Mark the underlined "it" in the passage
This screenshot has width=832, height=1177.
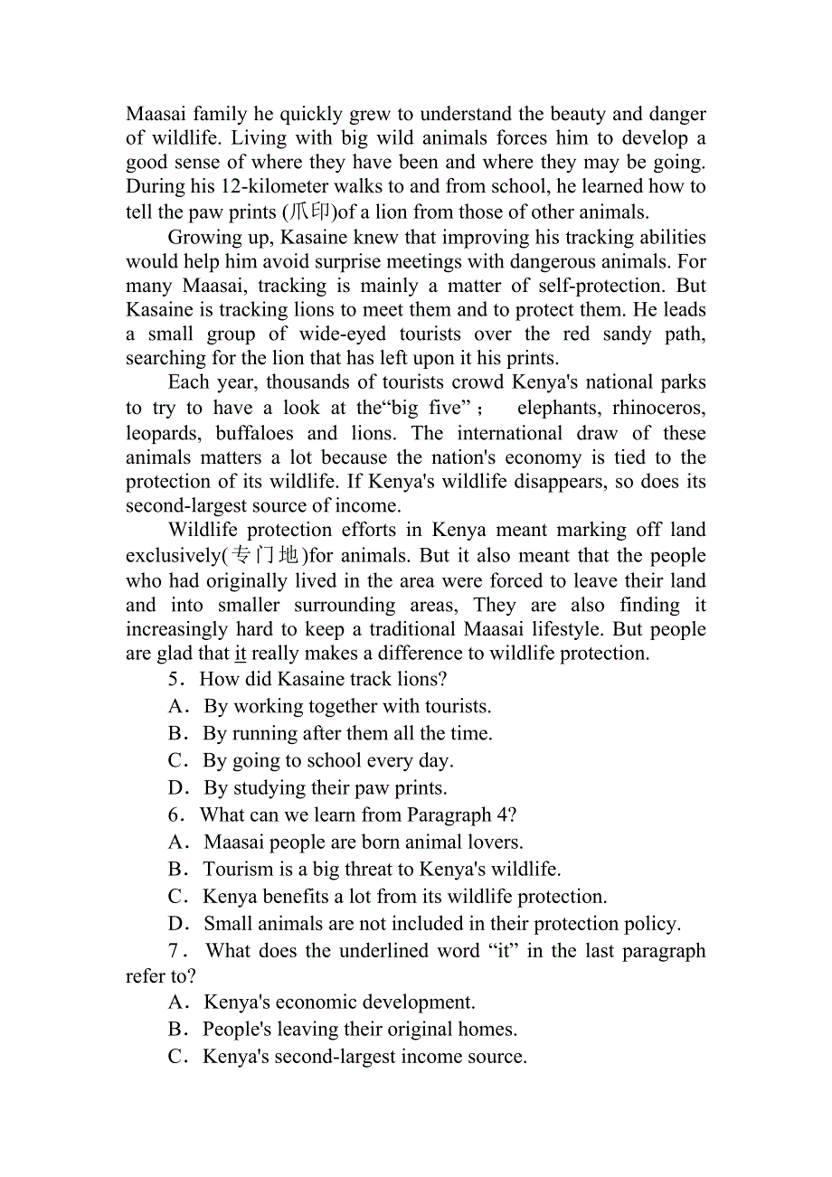pos(241,654)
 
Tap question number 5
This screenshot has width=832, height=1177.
pos(175,679)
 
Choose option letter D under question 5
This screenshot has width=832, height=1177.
pos(177,787)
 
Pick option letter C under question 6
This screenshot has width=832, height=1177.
pos(177,896)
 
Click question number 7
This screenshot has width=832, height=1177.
pos(176,951)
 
